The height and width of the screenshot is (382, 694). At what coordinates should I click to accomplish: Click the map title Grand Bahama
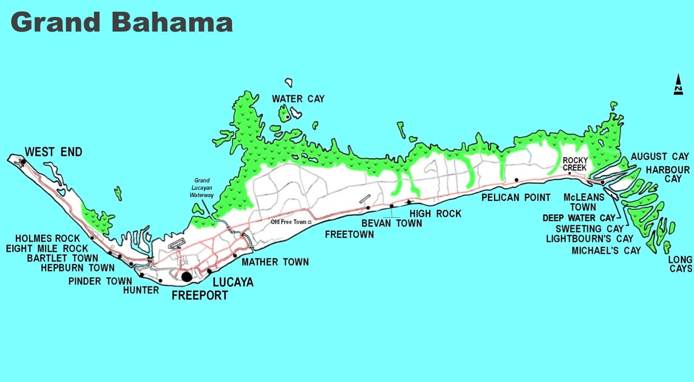pyautogui.click(x=121, y=23)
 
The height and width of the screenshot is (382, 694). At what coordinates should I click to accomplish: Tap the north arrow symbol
pyautogui.click(x=678, y=84)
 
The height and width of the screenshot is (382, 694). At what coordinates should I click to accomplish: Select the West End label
pyautogui.click(x=53, y=152)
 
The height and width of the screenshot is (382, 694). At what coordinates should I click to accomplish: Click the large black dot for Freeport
pyautogui.click(x=187, y=277)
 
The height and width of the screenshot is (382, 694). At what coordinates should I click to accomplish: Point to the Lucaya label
pyautogui.click(x=233, y=282)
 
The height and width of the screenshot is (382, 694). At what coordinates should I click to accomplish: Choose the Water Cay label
pyautogui.click(x=298, y=99)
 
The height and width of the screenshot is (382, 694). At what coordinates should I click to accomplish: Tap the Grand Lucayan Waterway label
pyautogui.click(x=202, y=188)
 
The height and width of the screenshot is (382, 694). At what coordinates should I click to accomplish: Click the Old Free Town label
pyautogui.click(x=288, y=222)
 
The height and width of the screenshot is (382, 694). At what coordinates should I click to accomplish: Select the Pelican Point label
pyautogui.click(x=516, y=198)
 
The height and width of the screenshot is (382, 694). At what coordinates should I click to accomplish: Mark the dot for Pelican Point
pyautogui.click(x=517, y=180)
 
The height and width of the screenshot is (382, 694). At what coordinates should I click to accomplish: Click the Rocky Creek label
pyautogui.click(x=575, y=164)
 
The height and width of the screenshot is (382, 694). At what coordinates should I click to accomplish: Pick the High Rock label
pyautogui.click(x=435, y=214)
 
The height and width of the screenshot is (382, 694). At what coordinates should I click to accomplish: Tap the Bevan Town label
pyautogui.click(x=392, y=223)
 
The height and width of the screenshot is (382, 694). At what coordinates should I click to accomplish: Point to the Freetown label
pyautogui.click(x=349, y=235)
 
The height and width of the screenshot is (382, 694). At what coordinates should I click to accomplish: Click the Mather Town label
pyautogui.click(x=275, y=262)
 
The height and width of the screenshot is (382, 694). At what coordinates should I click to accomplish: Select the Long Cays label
pyautogui.click(x=680, y=264)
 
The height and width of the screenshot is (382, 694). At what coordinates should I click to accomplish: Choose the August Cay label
pyautogui.click(x=659, y=157)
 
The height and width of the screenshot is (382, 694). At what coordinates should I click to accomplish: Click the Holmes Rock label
pyautogui.click(x=48, y=238)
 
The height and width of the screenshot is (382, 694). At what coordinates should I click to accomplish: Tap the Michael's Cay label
pyautogui.click(x=606, y=251)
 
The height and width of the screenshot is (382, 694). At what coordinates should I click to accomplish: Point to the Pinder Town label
pyautogui.click(x=100, y=281)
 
